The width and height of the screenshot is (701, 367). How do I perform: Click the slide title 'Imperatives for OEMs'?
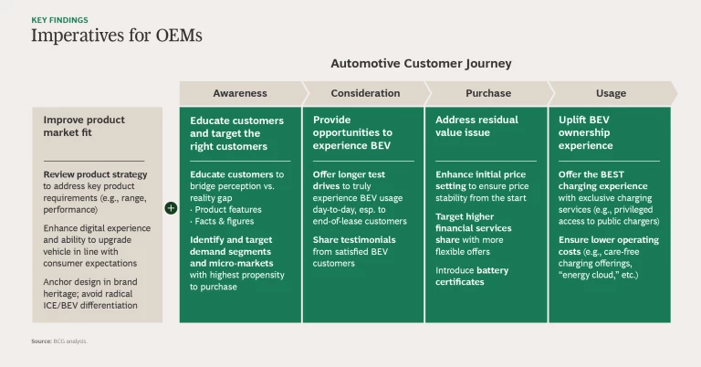click(x=117, y=36)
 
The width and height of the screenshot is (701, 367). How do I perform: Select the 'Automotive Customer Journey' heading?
click(x=421, y=64)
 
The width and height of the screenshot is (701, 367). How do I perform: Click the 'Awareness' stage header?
click(x=240, y=93)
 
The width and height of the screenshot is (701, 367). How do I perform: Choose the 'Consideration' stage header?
click(x=365, y=93)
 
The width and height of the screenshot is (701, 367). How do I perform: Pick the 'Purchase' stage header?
click(x=487, y=93)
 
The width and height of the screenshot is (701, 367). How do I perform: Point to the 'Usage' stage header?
click(x=612, y=93)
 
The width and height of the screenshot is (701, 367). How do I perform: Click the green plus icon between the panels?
click(x=171, y=208)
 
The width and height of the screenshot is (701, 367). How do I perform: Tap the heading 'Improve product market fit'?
click(x=84, y=127)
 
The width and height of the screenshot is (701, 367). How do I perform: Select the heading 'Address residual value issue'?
click(x=476, y=127)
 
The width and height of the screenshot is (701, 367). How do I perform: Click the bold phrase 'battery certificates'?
click(x=473, y=277)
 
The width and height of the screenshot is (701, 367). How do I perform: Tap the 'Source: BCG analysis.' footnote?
click(x=59, y=341)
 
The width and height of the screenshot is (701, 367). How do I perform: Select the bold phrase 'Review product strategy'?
click(x=95, y=174)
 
